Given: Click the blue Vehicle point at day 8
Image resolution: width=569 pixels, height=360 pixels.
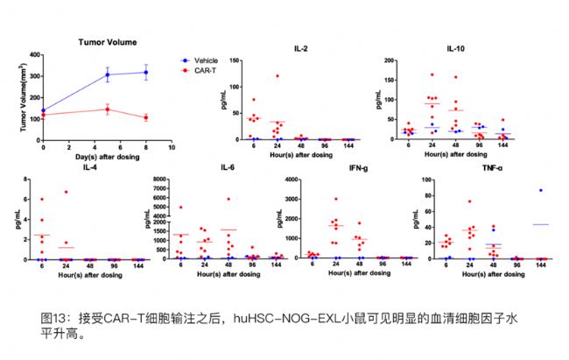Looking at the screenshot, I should pos(145,72).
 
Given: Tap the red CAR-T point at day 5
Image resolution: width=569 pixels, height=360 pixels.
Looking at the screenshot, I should pos(107,109).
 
